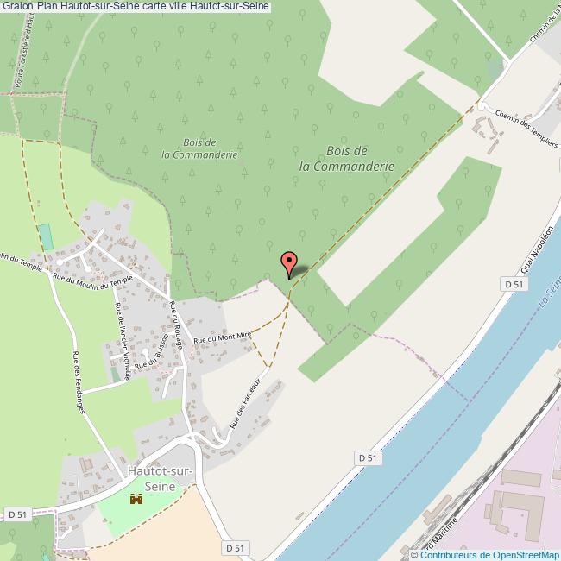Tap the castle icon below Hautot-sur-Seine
tap(136, 500)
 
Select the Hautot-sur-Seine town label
tap(156, 478)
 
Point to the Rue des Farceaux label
tap(246, 405)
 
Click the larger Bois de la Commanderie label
tap(346, 158)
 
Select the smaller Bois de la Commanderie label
tap(199, 148)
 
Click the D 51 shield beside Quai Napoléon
tap(513, 284)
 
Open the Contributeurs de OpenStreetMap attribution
tap(489, 554)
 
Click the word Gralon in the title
tap(17, 6)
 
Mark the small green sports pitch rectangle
tap(45, 233)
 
